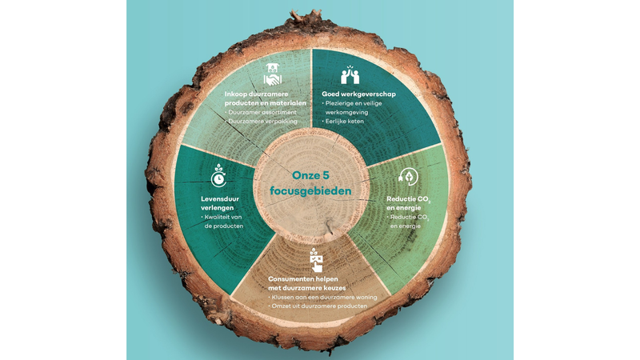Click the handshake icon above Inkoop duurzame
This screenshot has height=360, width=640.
(x=273, y=74)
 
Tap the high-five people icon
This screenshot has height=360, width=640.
(x=350, y=74)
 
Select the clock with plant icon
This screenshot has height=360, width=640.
(x=218, y=175)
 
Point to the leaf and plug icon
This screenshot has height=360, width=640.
(x=408, y=176)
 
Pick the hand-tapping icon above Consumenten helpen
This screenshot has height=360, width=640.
(x=316, y=260)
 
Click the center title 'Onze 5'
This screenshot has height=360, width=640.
(x=310, y=175)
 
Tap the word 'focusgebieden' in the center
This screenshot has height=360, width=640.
(x=310, y=191)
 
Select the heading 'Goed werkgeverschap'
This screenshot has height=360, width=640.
(x=358, y=94)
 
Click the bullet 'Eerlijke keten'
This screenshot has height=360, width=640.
(x=343, y=122)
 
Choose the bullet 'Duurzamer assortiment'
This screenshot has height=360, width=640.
(x=261, y=112)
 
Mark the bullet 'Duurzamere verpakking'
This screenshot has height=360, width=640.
(x=262, y=122)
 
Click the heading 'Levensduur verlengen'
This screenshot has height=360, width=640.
(x=219, y=203)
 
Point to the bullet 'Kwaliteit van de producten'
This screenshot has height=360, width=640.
(x=223, y=222)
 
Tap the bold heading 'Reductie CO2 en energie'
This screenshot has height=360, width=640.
(x=409, y=203)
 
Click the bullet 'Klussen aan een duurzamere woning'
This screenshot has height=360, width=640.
(x=322, y=297)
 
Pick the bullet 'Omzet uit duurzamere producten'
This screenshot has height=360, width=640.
(x=318, y=306)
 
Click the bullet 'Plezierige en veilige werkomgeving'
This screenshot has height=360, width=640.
(x=352, y=108)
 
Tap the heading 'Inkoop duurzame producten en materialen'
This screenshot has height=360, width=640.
(x=266, y=98)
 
